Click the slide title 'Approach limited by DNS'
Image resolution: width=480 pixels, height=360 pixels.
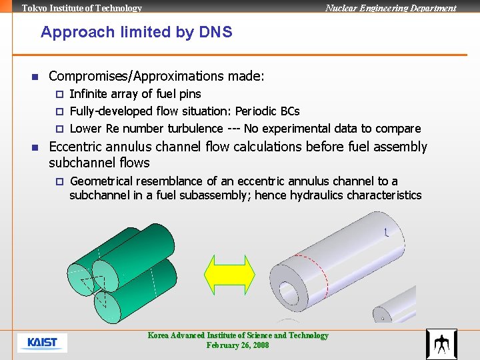[x=136, y=32]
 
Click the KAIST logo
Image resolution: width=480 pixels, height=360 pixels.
[x=42, y=343]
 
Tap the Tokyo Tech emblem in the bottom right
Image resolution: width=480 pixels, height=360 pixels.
[x=441, y=344]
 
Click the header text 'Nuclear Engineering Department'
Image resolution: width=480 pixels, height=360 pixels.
[x=390, y=8]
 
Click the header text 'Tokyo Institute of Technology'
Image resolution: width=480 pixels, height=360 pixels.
[x=82, y=8]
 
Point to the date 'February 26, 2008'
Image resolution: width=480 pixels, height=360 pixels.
[x=237, y=345]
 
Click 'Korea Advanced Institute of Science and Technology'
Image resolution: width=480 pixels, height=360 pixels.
[x=238, y=335]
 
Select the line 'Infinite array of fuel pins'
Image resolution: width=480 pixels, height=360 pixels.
[x=135, y=94]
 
